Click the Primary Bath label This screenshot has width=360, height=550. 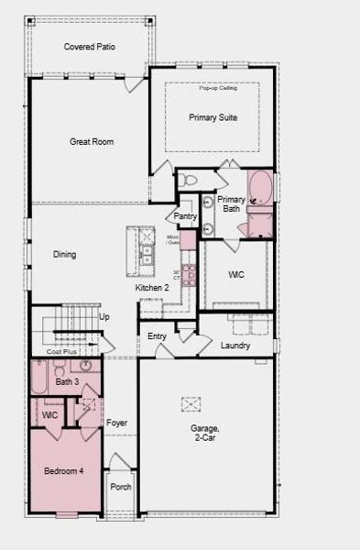coord(231,203)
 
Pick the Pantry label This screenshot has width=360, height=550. coord(186,216)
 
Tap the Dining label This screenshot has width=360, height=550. coord(64,255)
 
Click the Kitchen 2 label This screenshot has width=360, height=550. coord(152,288)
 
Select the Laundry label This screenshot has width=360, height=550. coord(235,346)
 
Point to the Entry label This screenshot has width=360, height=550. coord(157,336)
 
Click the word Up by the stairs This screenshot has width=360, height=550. coord(104,317)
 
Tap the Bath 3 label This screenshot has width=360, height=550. coord(67,381)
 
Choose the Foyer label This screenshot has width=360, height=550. coord(116,423)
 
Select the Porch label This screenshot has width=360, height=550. coord(121,487)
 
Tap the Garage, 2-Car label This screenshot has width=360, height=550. coord(205,433)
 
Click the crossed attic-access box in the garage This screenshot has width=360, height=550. coord(191,403)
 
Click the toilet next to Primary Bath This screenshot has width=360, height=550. coord(184,179)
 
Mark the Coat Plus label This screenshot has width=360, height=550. coord(62,351)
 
